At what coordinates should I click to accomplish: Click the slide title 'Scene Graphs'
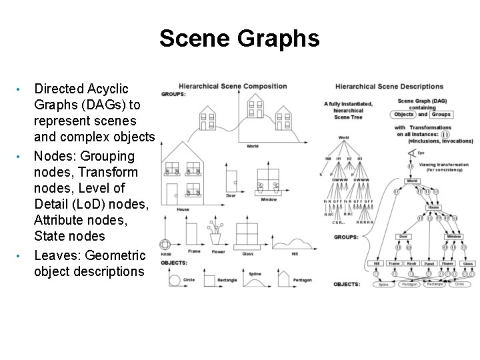[x=240, y=39]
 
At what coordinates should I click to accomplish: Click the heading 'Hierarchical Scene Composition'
[x=233, y=86]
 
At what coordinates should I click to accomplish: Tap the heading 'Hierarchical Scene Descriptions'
[x=389, y=86]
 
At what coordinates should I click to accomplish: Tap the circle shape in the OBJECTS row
[x=175, y=279]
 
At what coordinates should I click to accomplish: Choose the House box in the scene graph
[x=433, y=207]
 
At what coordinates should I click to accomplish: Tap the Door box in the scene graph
[x=404, y=236]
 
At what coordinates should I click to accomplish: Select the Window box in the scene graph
[x=453, y=236]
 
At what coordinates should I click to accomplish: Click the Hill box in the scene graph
[x=377, y=264]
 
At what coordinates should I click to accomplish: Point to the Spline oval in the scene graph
[x=383, y=285]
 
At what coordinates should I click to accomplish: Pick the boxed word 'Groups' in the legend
[x=440, y=114]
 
